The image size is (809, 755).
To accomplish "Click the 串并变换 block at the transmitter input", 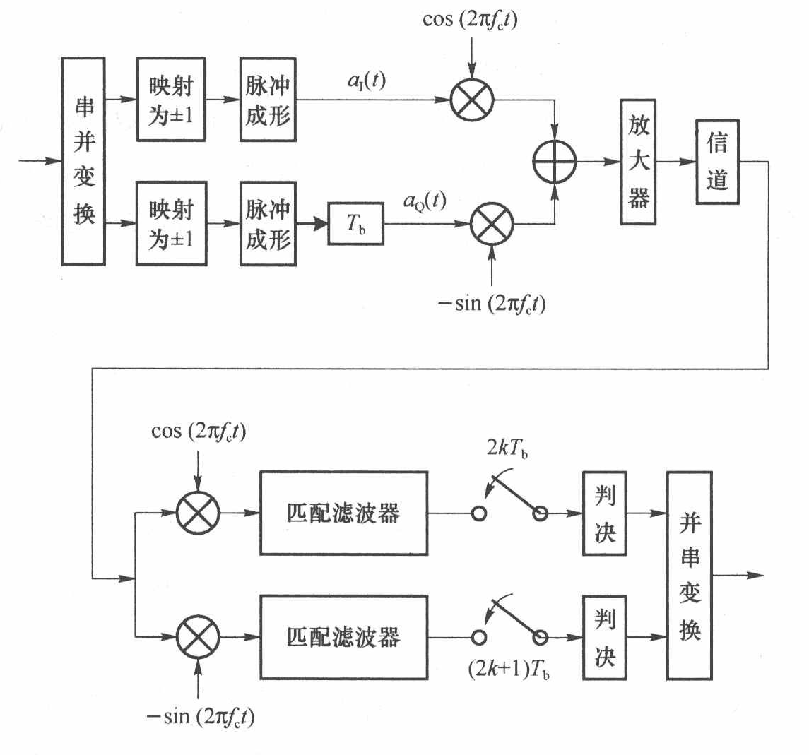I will point(84,162).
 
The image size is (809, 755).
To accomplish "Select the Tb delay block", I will point(356,223).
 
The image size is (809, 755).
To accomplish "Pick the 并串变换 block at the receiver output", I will point(690,576).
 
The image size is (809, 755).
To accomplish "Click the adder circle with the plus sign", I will point(555,161).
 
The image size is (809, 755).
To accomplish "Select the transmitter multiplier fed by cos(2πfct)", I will point(471,100).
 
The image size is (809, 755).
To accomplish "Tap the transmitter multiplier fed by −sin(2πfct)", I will point(492,223).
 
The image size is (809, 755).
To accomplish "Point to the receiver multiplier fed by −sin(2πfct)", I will point(198,636).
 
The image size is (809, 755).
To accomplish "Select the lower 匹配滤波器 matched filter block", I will point(343,636).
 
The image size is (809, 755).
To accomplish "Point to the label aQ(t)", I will point(425,201).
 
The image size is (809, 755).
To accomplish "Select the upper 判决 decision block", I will point(604,513).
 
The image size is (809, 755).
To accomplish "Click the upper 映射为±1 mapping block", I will point(171,100).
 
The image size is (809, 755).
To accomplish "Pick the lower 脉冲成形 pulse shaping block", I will point(268,223).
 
